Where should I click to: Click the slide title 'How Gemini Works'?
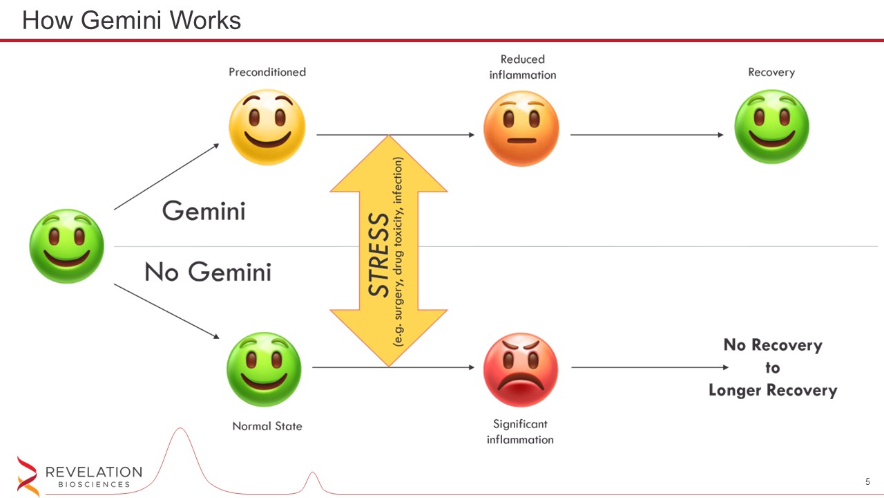(131, 20)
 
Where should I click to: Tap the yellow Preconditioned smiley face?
(267, 127)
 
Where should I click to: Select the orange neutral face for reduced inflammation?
(521, 129)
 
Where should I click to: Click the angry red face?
(521, 369)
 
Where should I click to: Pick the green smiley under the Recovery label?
(771, 127)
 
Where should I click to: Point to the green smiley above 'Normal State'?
(264, 369)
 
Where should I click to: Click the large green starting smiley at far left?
(67, 246)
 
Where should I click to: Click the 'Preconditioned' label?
(267, 72)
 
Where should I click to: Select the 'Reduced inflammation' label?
(523, 67)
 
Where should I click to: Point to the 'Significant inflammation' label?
(520, 432)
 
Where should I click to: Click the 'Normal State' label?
(267, 426)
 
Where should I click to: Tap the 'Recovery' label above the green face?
(771, 73)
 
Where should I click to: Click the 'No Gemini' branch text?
(208, 272)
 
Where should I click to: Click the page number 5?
(867, 481)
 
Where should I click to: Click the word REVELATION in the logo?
(94, 472)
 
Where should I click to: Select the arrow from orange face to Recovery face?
(647, 135)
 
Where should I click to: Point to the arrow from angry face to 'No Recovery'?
(650, 367)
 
